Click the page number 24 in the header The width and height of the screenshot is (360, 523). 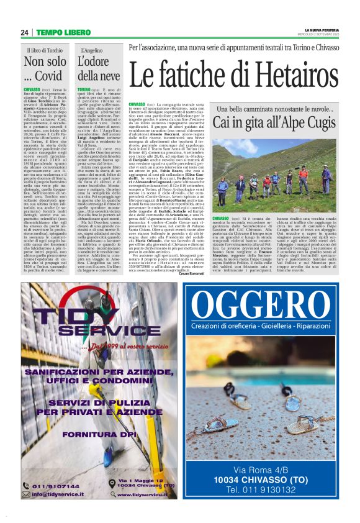coord(24,32)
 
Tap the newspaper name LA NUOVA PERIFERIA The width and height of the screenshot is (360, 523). coord(320,29)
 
